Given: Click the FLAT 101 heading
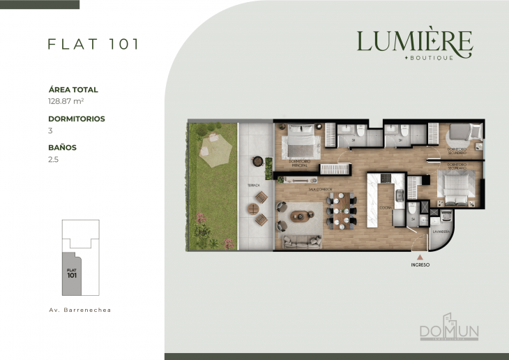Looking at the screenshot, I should pyautogui.click(x=93, y=43).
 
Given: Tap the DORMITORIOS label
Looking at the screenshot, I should pyautogui.click(x=77, y=119).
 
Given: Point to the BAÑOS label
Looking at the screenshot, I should pyautogui.click(x=62, y=148).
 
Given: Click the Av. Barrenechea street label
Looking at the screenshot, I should pyautogui.click(x=80, y=309).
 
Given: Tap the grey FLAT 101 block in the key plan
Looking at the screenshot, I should pyautogui.click(x=72, y=273).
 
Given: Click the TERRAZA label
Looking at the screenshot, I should pyautogui.click(x=253, y=185).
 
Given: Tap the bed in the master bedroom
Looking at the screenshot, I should pyautogui.click(x=301, y=142).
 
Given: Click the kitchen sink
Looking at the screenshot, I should pyautogui.click(x=399, y=197).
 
